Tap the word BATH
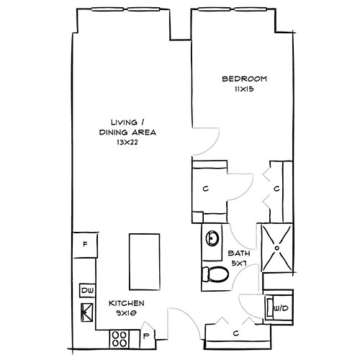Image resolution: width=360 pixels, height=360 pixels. [x=238, y=254]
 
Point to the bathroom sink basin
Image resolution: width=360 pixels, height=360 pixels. [x=212, y=238]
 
